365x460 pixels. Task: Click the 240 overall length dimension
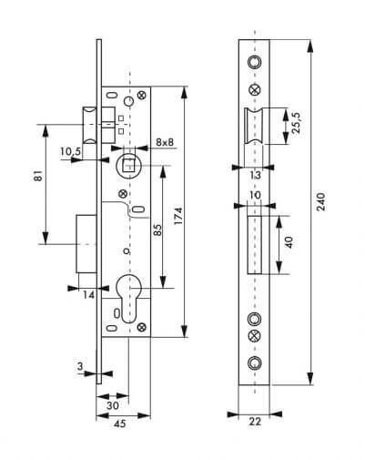pos(320,201)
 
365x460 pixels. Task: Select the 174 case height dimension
pos(178,216)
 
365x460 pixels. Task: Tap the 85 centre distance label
pos(157,230)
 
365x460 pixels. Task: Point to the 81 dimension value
pos(38,176)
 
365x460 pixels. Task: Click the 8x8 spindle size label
pos(165,142)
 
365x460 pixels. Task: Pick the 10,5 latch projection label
pos(70,151)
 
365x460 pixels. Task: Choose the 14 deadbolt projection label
pos(89,294)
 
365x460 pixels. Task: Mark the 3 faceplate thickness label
pos(80,366)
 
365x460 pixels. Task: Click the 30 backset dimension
pos(113,405)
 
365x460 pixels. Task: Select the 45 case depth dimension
pos(119,424)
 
